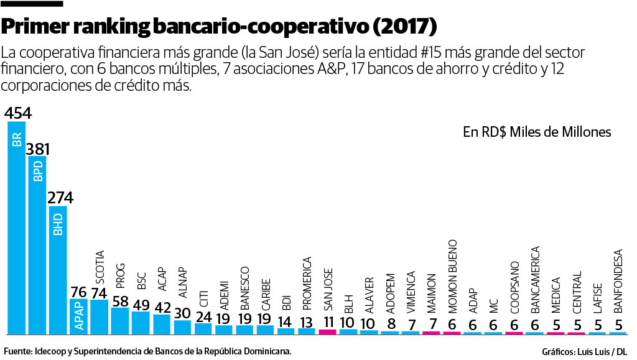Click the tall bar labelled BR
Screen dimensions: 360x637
17,227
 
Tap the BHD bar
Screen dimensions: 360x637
58,269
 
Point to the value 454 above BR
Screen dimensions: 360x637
17,113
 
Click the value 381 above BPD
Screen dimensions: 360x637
37,149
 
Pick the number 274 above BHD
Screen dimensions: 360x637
59,198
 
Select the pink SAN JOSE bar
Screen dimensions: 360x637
327,331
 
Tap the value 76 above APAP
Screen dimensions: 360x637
78,292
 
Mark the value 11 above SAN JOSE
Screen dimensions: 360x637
327,321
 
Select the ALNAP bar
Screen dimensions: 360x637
182,326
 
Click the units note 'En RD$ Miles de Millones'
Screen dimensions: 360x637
537,132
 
